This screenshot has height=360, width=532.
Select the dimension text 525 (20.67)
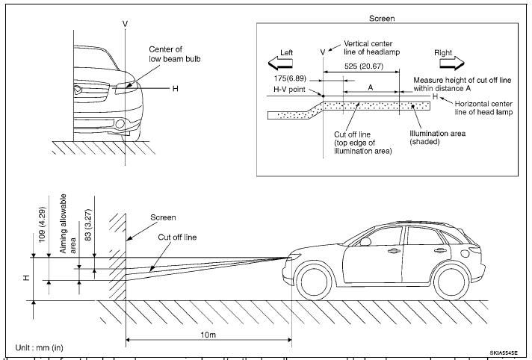[x=359, y=67]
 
